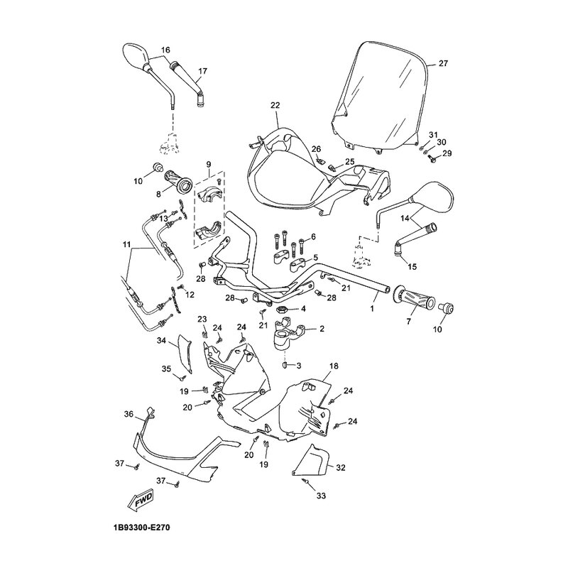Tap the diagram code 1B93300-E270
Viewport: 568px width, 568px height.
[141, 528]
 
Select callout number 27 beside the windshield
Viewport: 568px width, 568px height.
[443, 63]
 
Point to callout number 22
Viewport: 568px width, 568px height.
[275, 105]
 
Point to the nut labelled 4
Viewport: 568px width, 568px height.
[282, 310]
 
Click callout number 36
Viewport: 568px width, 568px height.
[129, 414]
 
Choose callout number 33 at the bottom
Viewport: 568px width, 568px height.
[322, 496]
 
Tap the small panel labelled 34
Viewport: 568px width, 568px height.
[185, 353]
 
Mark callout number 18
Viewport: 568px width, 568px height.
[334, 366]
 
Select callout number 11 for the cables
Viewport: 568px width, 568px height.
[126, 245]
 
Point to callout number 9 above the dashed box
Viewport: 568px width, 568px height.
[209, 165]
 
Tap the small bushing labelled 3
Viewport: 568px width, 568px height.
[285, 364]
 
